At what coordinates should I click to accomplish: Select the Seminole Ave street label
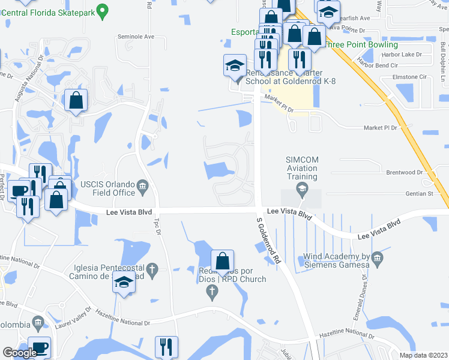(x=136, y=37)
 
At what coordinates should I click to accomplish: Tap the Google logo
(x=20, y=353)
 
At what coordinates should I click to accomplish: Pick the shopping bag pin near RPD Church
(x=222, y=261)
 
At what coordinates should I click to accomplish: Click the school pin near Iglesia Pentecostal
(x=124, y=283)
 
